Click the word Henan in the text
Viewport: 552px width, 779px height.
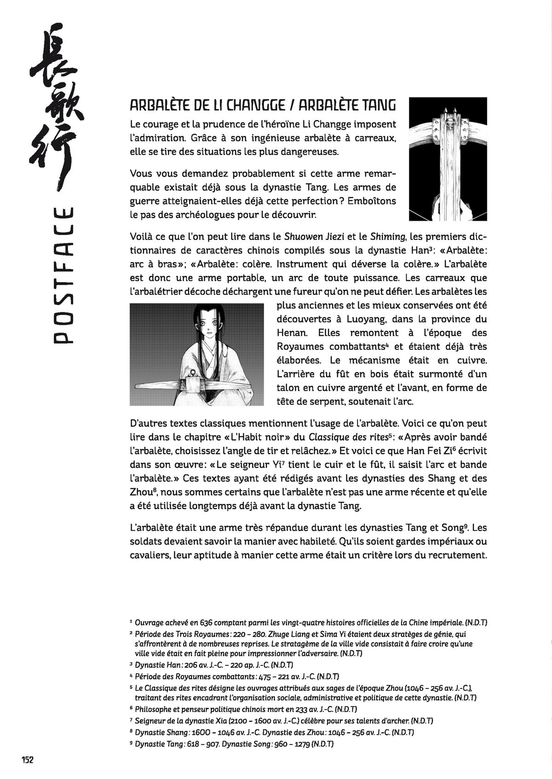coord(292,333)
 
